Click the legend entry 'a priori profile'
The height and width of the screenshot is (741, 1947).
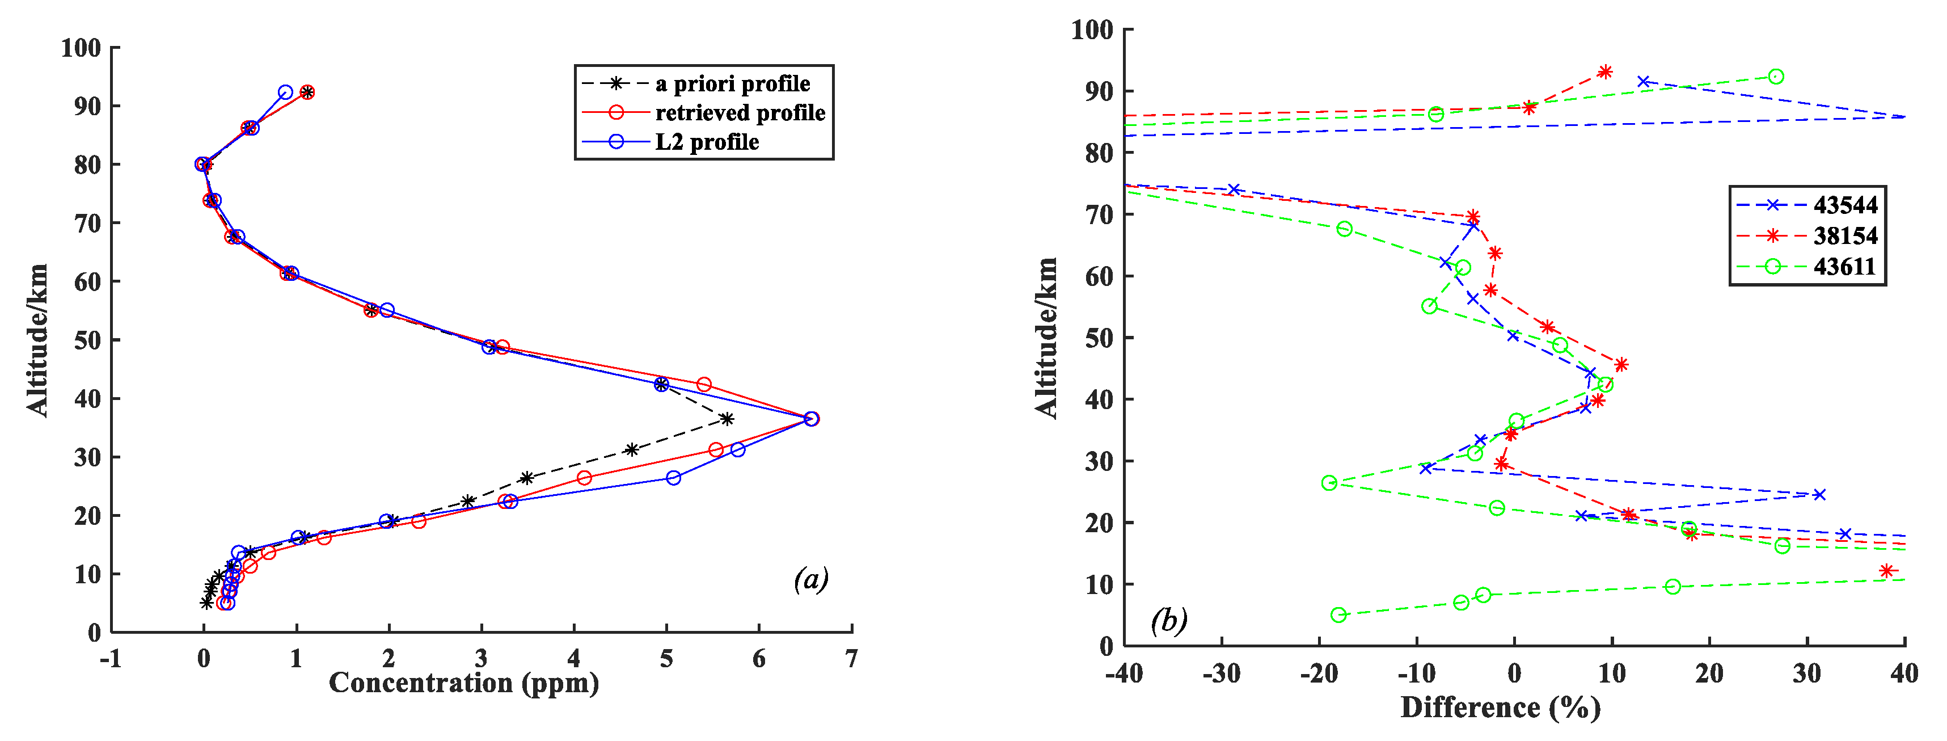pos(732,83)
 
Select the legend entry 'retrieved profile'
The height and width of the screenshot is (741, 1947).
pos(739,113)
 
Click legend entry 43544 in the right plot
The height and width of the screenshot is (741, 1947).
pos(1845,205)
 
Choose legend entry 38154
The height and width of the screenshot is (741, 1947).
pos(1845,236)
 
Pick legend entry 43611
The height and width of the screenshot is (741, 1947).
pos(1845,267)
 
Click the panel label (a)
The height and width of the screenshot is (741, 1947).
pos(811,579)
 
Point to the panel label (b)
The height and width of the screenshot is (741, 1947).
pos(1168,621)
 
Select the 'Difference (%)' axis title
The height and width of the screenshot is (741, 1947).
pos(1500,708)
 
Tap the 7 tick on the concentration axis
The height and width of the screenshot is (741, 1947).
pos(851,659)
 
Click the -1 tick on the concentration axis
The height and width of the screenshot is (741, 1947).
pos(111,659)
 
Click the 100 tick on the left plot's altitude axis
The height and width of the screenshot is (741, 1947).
pos(81,48)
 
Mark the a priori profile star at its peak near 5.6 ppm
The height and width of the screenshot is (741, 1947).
pos(727,419)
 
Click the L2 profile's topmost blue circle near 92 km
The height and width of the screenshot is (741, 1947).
pos(285,92)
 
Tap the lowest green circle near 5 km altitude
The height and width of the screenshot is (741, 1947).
pos(1338,614)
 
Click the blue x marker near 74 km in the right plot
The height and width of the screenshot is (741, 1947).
pos(1234,190)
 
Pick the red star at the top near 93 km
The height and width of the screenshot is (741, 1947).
pos(1604,72)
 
